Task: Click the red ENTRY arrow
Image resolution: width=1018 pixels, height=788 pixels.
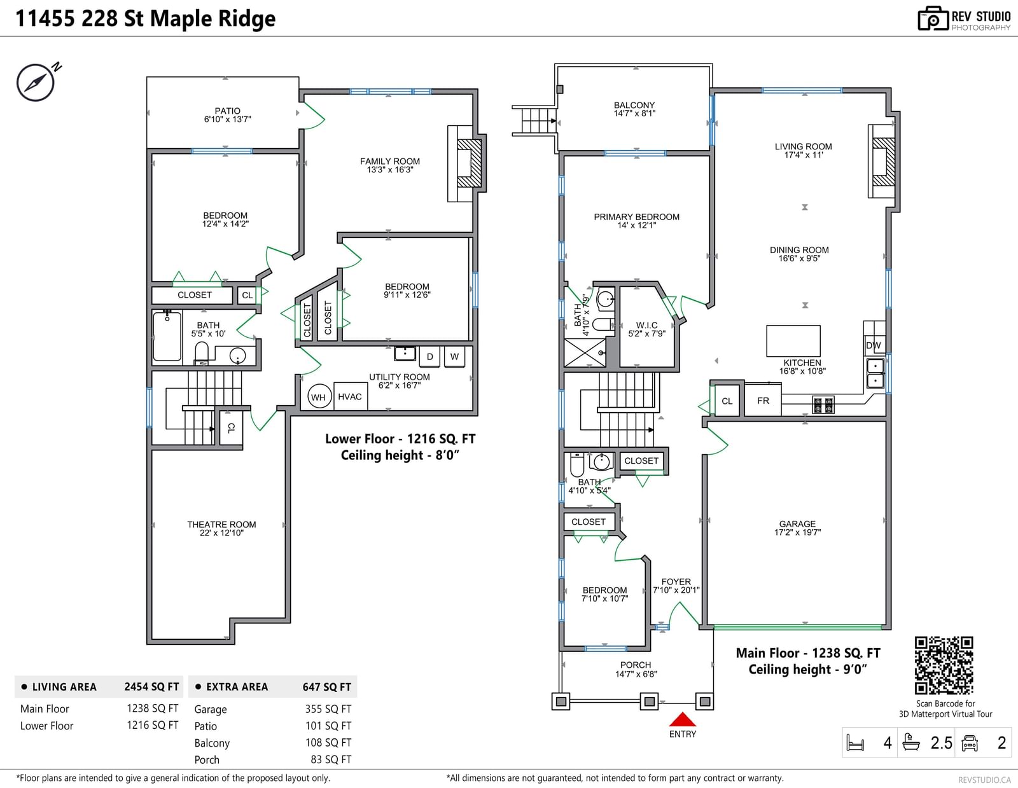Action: click(682, 719)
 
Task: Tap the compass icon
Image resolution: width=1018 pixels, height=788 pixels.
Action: click(36, 83)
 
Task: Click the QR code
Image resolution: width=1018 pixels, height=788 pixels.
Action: click(944, 665)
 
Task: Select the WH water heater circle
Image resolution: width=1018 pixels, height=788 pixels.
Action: click(319, 397)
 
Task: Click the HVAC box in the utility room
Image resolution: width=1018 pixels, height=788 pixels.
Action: click(350, 397)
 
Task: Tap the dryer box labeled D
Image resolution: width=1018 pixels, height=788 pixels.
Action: click(429, 356)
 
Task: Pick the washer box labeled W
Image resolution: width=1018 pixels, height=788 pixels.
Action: click(454, 356)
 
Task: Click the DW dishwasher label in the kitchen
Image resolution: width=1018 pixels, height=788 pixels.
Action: click(873, 345)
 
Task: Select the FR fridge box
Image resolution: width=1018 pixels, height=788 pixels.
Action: click(763, 400)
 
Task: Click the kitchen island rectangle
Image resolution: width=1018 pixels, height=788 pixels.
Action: click(793, 341)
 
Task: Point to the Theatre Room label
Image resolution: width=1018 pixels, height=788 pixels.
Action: click(221, 525)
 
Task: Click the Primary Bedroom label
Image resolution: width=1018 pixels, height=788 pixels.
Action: click(636, 217)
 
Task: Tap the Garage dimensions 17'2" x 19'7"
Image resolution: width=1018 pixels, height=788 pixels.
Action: click(797, 532)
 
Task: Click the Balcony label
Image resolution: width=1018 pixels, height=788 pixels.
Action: click(634, 105)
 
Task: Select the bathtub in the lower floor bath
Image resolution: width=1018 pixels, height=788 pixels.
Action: click(167, 336)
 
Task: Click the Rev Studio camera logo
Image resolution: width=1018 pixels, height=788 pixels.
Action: click(933, 18)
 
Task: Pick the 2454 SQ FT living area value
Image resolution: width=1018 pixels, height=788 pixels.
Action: click(151, 687)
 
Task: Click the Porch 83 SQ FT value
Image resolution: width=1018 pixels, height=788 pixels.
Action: click(331, 759)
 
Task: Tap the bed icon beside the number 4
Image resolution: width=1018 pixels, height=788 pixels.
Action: click(855, 743)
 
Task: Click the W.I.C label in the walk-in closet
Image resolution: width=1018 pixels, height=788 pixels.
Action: click(646, 325)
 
